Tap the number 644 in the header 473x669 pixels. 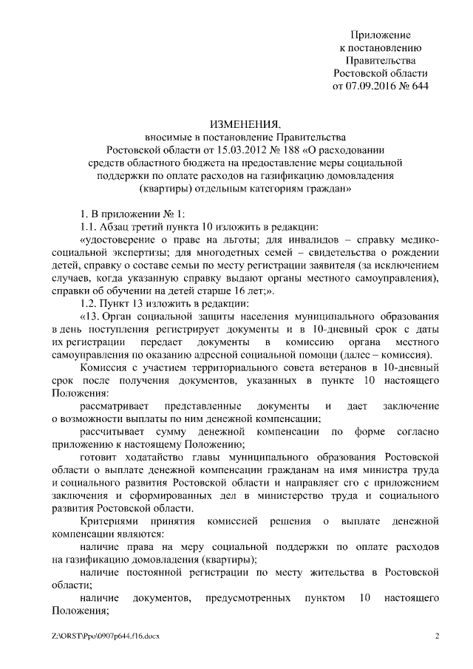click(x=419, y=86)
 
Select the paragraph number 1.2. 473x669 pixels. click(x=89, y=304)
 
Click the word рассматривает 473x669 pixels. click(x=115, y=407)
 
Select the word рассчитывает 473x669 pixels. click(x=114, y=433)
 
